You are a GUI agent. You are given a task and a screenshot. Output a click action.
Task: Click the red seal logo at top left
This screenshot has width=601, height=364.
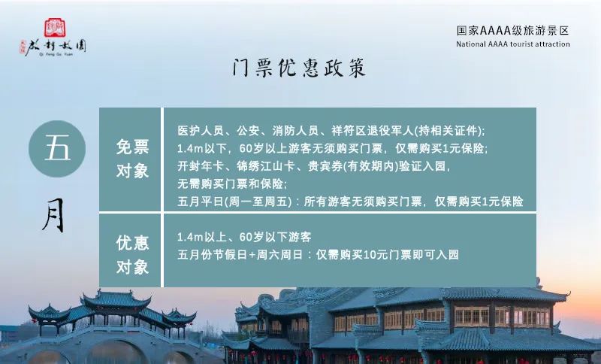click(55, 28)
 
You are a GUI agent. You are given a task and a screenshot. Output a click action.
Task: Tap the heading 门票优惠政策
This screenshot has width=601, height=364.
click(299, 68)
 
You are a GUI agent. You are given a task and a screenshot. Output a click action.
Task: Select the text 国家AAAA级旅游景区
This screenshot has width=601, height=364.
click(513, 31)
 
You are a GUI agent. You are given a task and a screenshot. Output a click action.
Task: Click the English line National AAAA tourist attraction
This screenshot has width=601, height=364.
click(513, 44)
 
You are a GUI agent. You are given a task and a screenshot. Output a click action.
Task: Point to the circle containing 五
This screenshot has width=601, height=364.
click(57, 149)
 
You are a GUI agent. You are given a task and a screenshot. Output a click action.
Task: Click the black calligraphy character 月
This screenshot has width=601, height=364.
click(53, 215)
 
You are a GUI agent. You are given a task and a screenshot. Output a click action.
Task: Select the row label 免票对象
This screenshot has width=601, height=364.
click(133, 159)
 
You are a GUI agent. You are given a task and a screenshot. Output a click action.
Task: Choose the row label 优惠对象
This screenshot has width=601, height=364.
click(133, 255)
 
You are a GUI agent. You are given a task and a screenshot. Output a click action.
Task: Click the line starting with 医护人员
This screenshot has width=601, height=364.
click(331, 131)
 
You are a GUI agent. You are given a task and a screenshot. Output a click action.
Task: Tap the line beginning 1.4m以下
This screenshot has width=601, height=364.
click(332, 148)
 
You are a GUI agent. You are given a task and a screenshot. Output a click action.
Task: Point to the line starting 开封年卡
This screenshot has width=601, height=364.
click(313, 166)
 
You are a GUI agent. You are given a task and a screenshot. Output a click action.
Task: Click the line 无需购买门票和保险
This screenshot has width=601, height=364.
click(232, 184)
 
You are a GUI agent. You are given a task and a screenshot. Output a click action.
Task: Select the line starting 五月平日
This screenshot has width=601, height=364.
click(350, 202)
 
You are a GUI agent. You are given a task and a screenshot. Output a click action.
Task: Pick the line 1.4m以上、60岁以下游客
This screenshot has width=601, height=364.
click(244, 237)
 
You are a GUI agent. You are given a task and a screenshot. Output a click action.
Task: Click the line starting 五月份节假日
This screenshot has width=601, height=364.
click(318, 255)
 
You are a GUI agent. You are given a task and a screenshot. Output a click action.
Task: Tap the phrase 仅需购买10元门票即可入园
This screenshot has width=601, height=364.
click(388, 255)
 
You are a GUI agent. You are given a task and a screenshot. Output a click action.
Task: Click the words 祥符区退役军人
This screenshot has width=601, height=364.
click(373, 131)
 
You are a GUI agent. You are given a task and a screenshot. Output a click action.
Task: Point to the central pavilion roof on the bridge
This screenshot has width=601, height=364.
click(116, 300)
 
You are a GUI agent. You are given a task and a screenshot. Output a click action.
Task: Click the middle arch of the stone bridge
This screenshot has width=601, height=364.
click(116, 352)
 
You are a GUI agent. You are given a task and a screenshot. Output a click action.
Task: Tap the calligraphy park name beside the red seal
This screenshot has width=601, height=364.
click(56, 47)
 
